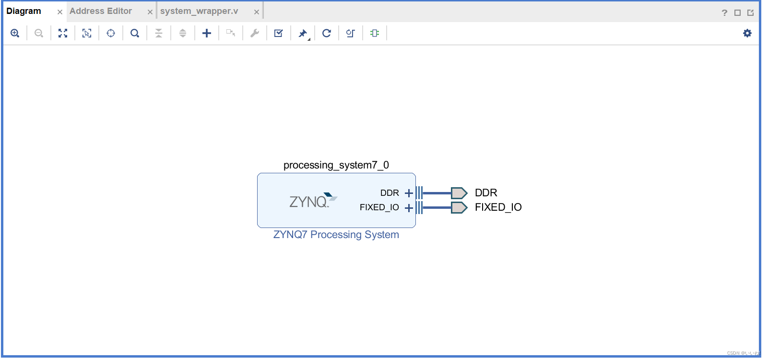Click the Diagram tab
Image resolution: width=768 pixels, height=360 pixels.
(24, 11)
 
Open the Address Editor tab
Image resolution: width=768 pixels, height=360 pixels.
(101, 11)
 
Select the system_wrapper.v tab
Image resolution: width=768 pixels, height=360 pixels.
(199, 11)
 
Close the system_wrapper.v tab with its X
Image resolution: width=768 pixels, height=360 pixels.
(257, 12)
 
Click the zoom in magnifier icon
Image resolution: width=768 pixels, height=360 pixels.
(15, 33)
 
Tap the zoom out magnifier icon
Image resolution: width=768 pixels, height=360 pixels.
(39, 33)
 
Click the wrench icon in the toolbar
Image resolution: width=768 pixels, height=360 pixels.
(255, 33)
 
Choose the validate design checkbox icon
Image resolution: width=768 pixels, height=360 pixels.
(279, 33)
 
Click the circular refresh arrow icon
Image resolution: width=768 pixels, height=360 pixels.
(327, 33)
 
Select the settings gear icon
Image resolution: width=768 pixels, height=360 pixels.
(747, 33)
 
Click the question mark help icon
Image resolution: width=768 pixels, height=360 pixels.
(724, 13)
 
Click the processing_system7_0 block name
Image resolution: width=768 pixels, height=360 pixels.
(336, 165)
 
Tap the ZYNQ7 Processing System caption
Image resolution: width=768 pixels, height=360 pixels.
(336, 235)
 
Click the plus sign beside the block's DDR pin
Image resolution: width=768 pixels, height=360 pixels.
(409, 193)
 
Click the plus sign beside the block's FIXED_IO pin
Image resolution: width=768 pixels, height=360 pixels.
(409, 208)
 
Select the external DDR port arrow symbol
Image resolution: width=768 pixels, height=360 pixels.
(459, 193)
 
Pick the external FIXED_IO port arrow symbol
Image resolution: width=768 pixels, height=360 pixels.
(459, 207)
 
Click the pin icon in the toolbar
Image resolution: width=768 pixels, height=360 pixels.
(303, 33)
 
